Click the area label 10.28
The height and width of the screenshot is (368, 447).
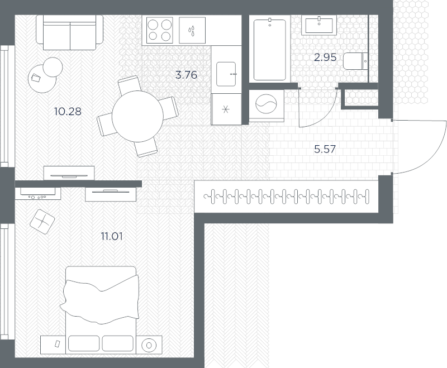[68, 111]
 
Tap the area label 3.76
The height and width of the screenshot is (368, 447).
[186, 75]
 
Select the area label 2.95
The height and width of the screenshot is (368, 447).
[325, 58]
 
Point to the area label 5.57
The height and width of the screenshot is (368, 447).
[325, 149]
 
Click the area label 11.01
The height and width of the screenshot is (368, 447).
[112, 236]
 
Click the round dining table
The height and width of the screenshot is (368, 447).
[137, 116]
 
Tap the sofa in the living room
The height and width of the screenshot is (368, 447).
[70, 32]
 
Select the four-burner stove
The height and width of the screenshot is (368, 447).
[160, 30]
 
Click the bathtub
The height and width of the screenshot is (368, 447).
[270, 49]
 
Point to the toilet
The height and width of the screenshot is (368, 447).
[355, 61]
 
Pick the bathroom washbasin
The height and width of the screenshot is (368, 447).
[319, 25]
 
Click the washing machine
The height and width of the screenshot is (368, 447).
[267, 106]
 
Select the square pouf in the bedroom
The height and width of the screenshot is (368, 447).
[42, 222]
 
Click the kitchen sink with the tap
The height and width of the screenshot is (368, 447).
[226, 74]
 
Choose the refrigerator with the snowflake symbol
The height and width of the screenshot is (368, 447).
[226, 109]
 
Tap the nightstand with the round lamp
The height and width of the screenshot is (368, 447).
[149, 345]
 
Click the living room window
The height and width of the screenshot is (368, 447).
[4, 106]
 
